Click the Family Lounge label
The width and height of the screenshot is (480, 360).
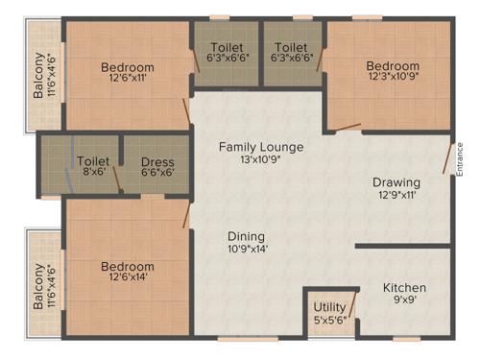pyautogui.click(x=260, y=147)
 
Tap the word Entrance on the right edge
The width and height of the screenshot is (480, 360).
pyautogui.click(x=461, y=156)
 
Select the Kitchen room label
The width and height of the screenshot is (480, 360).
pyautogui.click(x=404, y=288)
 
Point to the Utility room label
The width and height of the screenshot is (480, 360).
pyautogui.click(x=329, y=308)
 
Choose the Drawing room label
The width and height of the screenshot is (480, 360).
pyautogui.click(x=396, y=182)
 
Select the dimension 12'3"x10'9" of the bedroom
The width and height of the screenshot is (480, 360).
pyautogui.click(x=393, y=80)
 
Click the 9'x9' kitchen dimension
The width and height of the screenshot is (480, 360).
pyautogui.click(x=405, y=300)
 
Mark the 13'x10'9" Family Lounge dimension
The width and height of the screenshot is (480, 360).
pyautogui.click(x=261, y=160)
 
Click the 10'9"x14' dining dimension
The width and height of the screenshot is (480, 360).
pyautogui.click(x=247, y=249)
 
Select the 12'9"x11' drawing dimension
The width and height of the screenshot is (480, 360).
pyautogui.click(x=396, y=196)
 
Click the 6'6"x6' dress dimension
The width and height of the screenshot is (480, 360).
pyautogui.click(x=157, y=174)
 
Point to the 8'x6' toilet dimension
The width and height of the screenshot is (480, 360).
pyautogui.click(x=93, y=174)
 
